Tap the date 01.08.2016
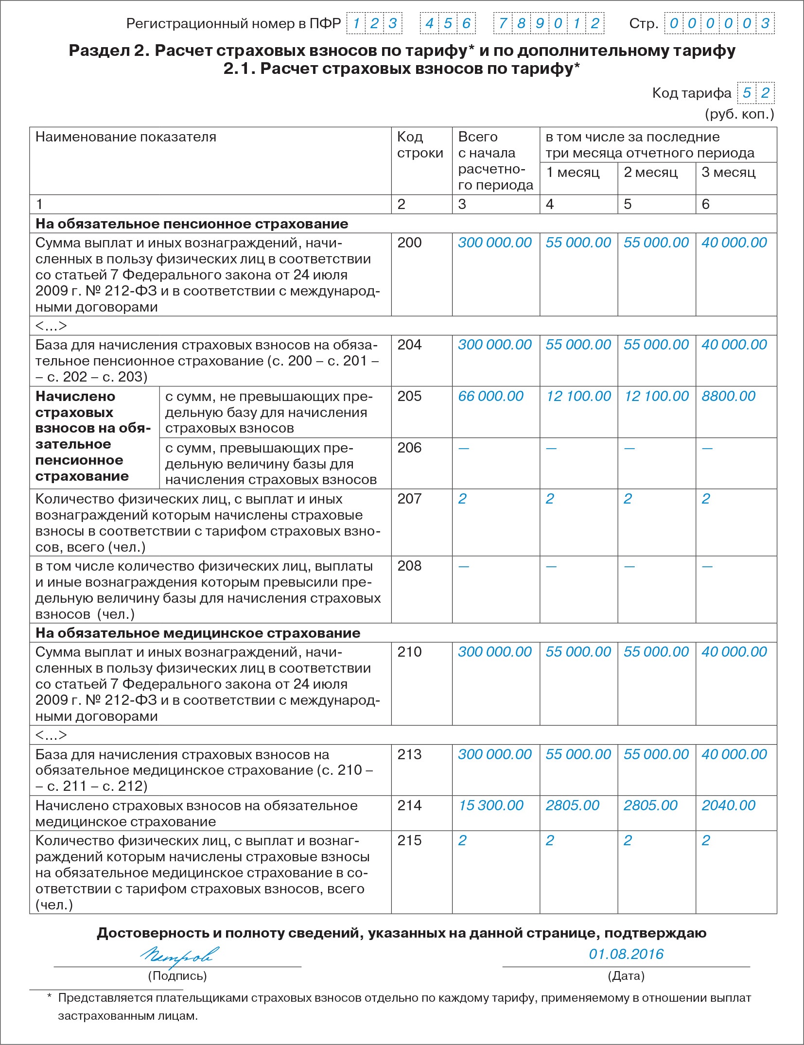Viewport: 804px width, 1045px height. [x=626, y=954]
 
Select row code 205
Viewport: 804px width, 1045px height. [x=409, y=396]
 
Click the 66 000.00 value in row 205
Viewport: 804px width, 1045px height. [x=490, y=396]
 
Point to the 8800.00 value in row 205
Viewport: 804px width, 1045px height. [x=728, y=396]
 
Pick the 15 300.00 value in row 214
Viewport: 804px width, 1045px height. [x=491, y=805]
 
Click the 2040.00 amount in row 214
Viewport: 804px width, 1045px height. [x=728, y=805]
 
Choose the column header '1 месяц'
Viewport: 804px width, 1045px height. [x=573, y=172]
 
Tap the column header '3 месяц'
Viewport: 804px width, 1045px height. [x=728, y=172]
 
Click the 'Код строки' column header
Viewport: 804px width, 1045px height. [x=420, y=145]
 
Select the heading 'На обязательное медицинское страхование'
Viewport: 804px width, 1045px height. [x=198, y=633]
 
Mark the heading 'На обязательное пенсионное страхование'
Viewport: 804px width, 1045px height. [x=192, y=224]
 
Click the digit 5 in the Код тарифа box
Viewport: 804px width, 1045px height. [x=747, y=93]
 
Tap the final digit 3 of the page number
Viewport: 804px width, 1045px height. [x=765, y=23]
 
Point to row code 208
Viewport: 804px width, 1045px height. [x=409, y=566]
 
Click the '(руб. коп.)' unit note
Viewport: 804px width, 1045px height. [x=739, y=114]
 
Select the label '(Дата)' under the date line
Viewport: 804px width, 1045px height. [x=626, y=975]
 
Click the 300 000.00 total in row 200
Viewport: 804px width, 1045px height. [x=495, y=243]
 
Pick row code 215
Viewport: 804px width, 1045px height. [x=409, y=840]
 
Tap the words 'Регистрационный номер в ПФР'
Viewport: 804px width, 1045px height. [x=233, y=23]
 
